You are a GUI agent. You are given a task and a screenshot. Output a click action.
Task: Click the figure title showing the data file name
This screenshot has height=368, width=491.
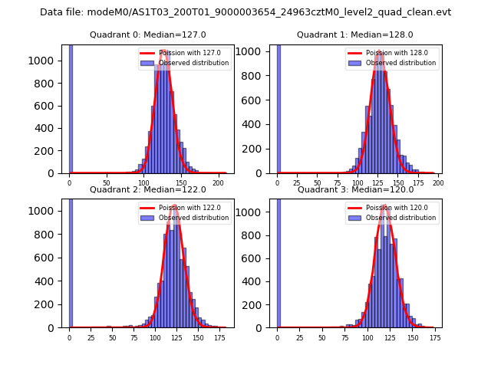click(245, 12)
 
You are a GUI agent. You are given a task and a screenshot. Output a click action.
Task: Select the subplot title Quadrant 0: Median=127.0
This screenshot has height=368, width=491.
click(148, 34)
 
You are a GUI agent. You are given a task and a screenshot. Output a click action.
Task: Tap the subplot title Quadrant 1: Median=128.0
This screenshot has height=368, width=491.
click(355, 34)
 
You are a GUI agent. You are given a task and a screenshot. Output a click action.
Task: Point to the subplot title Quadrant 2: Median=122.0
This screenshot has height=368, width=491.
click(148, 189)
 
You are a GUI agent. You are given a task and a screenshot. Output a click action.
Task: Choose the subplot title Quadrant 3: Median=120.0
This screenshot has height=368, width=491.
click(355, 189)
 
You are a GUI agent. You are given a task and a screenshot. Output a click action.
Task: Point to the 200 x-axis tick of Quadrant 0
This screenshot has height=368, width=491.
click(218, 183)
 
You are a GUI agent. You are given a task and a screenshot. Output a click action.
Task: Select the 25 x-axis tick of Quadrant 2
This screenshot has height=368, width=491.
click(91, 337)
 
